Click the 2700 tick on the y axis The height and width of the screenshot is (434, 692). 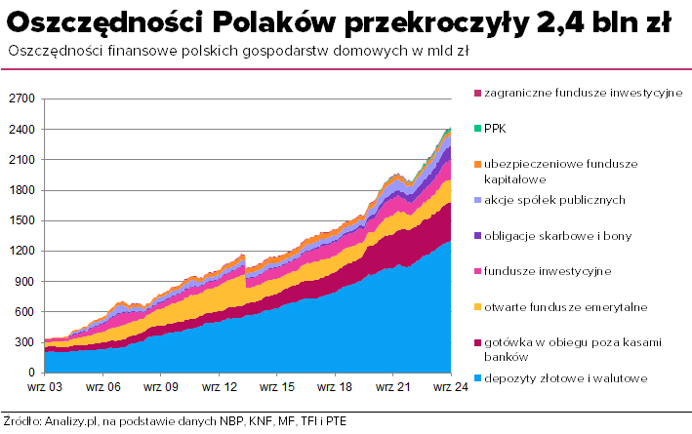20,99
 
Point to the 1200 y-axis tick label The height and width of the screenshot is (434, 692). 20,251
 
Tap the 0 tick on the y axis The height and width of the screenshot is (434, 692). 30,373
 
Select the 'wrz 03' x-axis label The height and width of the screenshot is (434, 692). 45,388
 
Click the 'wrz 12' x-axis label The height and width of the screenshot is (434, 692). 218,388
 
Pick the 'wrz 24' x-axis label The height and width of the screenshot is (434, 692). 449,388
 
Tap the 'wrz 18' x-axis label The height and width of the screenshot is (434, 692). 334,388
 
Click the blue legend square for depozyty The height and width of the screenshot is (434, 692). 477,377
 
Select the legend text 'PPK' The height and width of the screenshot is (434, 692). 496,128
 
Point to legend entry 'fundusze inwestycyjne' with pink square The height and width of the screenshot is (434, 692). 548,270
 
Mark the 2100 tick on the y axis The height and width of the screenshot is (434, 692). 20,159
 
